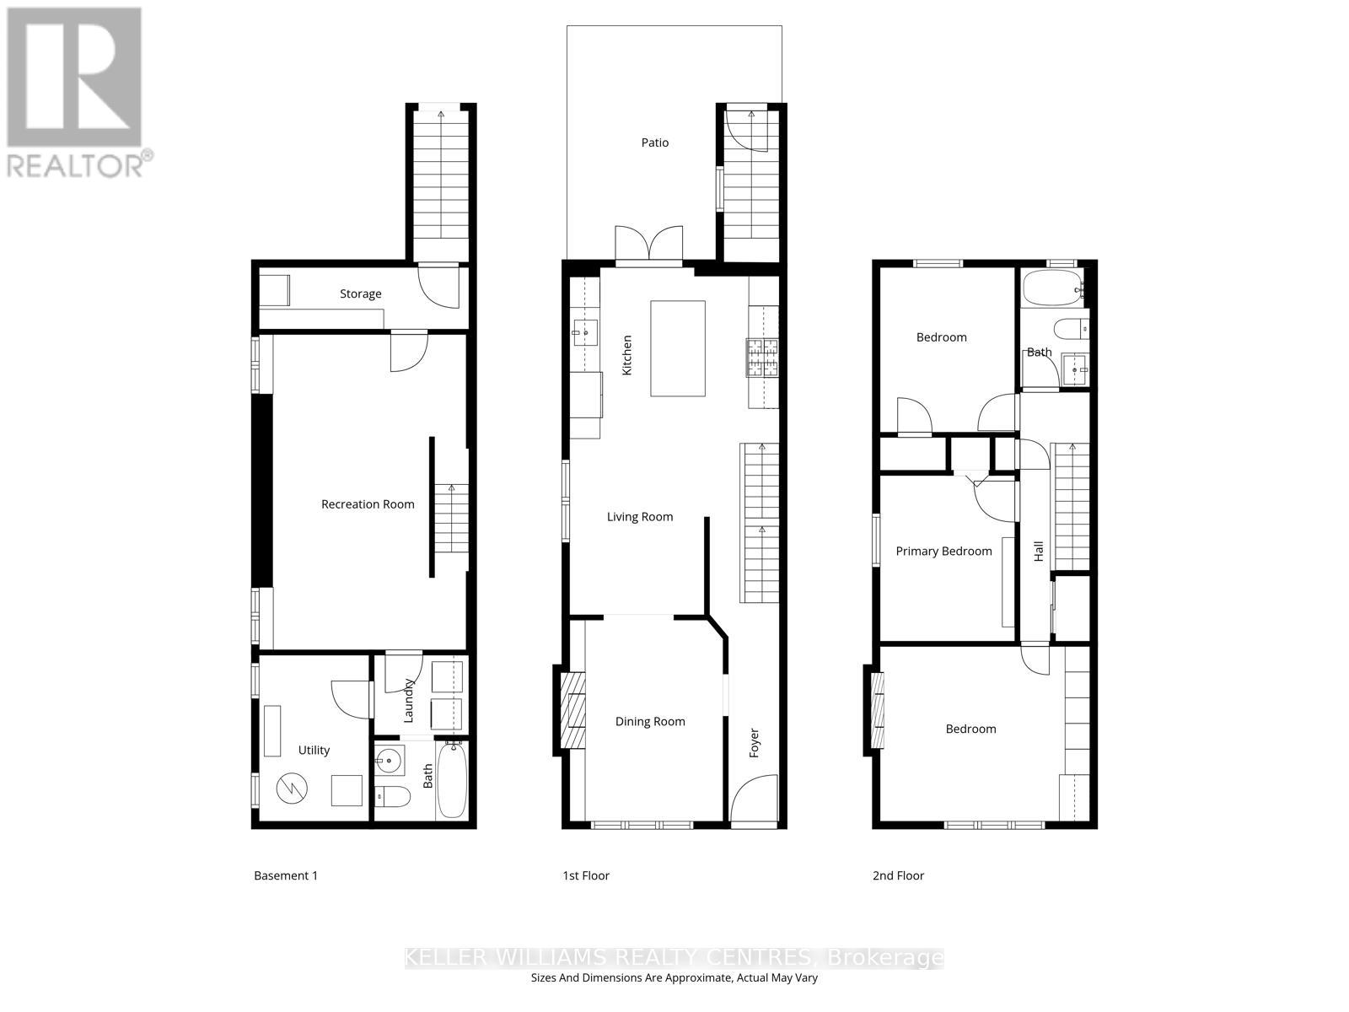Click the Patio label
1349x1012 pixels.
pos(654,143)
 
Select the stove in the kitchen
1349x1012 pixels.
pos(761,357)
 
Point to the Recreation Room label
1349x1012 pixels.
pos(368,504)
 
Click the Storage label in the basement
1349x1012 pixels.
pos(360,293)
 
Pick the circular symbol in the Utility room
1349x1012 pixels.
pos(293,789)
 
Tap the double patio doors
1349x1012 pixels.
pos(648,245)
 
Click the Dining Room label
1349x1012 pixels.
pos(649,721)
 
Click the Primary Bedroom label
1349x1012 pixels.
pos(943,551)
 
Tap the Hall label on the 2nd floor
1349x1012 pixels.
pos(1039,552)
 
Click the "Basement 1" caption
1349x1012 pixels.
pos(286,875)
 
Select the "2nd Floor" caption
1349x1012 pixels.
pos(898,875)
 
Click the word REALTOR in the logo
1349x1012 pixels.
pos(74,164)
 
